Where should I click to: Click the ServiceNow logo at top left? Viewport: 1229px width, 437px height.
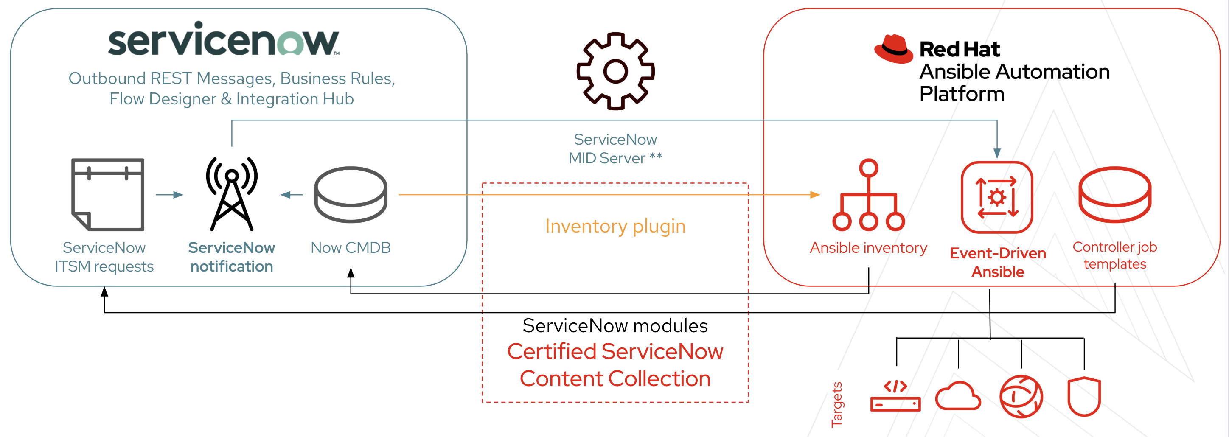point(223,41)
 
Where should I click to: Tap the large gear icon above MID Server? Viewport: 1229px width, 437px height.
point(615,72)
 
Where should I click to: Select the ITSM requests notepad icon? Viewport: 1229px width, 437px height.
point(108,194)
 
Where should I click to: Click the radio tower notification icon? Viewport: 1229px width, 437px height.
point(232,194)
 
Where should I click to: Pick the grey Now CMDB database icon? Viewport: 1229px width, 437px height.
point(351,194)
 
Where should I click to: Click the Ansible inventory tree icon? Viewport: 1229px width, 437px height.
point(868,196)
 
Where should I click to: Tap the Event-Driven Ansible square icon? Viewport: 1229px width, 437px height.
point(997,197)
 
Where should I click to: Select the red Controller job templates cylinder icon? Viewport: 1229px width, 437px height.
point(1115,194)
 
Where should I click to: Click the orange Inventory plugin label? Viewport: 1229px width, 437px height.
point(615,226)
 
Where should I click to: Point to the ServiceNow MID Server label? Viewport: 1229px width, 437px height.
point(615,148)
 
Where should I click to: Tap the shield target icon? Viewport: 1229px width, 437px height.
point(1084,396)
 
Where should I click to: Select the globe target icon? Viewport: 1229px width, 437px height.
point(1021,396)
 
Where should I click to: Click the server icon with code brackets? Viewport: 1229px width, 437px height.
point(895,396)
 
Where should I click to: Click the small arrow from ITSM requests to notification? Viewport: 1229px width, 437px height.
point(170,195)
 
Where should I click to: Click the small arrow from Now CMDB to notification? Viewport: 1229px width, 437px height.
point(292,195)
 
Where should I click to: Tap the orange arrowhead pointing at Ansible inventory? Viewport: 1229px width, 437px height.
point(815,195)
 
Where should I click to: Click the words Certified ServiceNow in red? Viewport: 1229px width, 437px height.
point(615,352)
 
